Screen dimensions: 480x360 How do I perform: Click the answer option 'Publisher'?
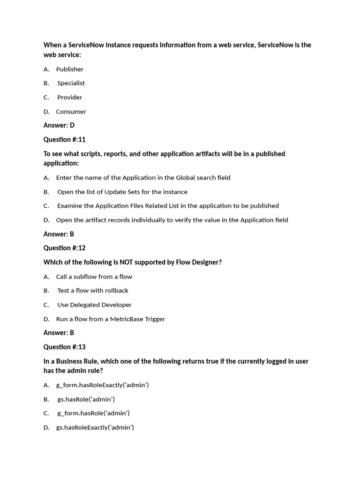coord(69,69)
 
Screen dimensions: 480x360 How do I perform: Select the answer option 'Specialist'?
coord(71,83)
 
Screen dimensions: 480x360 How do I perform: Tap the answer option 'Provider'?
coord(69,97)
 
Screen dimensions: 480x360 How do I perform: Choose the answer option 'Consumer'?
coord(71,112)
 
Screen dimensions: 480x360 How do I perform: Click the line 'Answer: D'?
coord(59,125)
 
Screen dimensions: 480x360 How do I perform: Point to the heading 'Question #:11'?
coord(65,140)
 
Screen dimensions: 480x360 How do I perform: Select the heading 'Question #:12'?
coord(65,248)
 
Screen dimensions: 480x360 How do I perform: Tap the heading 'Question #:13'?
coord(65,347)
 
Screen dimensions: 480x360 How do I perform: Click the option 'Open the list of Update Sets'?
coord(122,192)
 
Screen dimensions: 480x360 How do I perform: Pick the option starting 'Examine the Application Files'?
coord(168,206)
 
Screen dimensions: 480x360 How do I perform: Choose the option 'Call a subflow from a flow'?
coord(94,277)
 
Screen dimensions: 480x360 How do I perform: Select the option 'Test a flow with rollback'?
coord(92,291)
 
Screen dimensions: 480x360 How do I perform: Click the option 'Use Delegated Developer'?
coord(94,305)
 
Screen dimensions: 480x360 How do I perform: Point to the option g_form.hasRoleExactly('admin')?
coord(102,385)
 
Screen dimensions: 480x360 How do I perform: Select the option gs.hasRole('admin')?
coord(86,399)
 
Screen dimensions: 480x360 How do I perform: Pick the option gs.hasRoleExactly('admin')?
coord(95,427)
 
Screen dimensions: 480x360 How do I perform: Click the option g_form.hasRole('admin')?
coord(93,413)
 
